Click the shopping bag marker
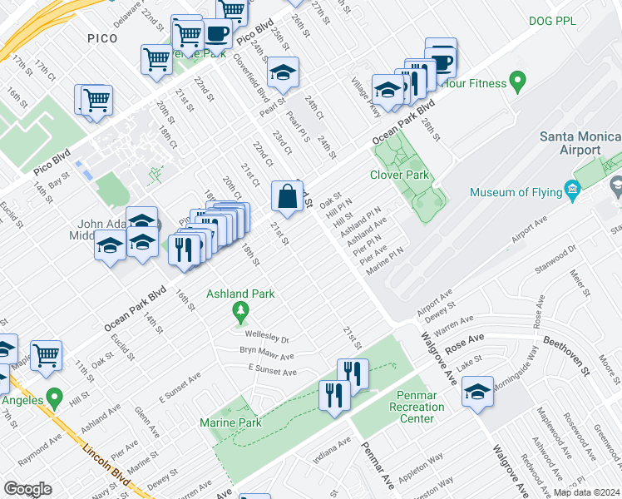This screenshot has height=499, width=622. point(287,197)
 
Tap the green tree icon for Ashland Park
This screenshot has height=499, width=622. point(241,314)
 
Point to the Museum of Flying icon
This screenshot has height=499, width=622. point(573,191)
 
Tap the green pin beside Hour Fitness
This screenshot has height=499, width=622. point(518,82)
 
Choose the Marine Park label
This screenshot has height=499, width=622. point(230,422)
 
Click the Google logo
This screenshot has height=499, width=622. point(28,489)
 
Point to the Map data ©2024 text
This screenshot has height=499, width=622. point(585,492)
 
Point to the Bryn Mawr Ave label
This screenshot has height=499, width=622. point(267,354)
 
